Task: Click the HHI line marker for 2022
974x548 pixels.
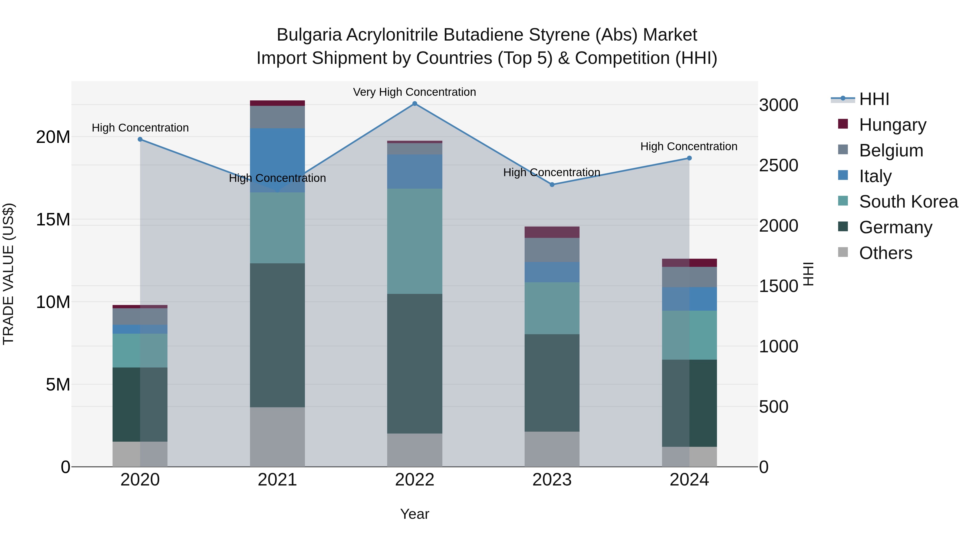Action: (414, 104)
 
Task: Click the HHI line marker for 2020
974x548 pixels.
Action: (140, 139)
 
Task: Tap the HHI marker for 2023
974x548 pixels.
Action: (552, 185)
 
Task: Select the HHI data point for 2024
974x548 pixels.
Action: (689, 158)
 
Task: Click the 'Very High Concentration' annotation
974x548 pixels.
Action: (414, 92)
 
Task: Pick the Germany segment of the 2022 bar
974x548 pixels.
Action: (414, 363)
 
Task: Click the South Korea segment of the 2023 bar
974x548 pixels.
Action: (552, 308)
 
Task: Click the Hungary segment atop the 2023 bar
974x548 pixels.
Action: (552, 232)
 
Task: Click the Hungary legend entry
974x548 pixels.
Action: (892, 125)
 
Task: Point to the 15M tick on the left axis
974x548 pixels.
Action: (53, 219)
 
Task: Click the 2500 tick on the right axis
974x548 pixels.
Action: (778, 165)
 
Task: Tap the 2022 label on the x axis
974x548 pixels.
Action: (414, 480)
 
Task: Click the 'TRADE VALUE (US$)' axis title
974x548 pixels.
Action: (8, 274)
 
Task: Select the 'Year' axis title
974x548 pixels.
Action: (414, 514)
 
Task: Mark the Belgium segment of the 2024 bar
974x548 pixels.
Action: (689, 277)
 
